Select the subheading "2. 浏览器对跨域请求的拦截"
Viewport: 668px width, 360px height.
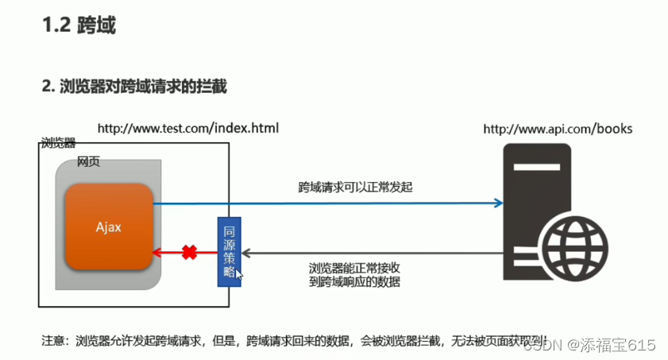coord(134,87)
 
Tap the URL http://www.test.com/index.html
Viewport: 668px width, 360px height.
coord(187,128)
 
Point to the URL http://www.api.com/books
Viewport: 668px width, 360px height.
coord(558,128)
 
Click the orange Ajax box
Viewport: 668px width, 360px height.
coord(109,226)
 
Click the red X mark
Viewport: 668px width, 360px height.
coord(189,253)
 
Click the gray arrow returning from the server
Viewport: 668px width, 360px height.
coord(373,254)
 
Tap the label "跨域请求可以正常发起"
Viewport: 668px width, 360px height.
coord(355,188)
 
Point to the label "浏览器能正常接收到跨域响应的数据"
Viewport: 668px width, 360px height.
coord(354,274)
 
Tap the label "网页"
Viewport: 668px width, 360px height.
coord(88,162)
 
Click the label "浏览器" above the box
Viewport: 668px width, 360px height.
coord(58,143)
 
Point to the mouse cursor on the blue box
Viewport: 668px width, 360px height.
coord(239,275)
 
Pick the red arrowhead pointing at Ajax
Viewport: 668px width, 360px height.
coord(159,253)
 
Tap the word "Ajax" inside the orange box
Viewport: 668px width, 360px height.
coord(109,227)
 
